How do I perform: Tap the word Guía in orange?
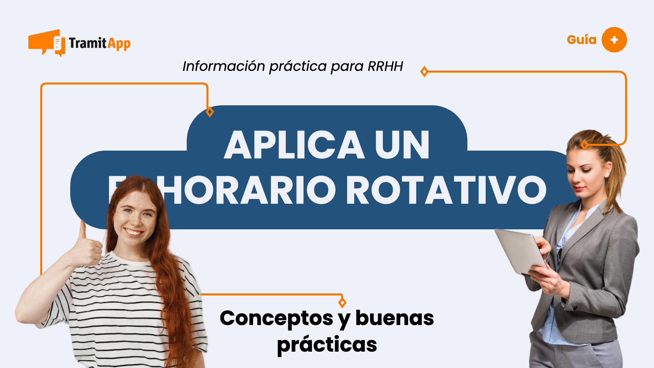(581, 40)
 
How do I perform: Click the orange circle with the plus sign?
(614, 40)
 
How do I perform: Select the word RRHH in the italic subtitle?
(385, 66)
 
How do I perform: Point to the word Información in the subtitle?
(223, 66)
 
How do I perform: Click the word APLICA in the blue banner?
(294, 145)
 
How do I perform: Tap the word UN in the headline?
(402, 145)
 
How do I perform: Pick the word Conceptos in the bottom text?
(276, 318)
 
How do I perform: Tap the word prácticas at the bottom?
(327, 345)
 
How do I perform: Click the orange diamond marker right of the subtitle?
(424, 72)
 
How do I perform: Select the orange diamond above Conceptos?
(342, 302)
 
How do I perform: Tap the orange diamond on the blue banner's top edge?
(210, 112)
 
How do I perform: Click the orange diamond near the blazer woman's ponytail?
(585, 145)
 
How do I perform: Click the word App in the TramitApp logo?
(119, 44)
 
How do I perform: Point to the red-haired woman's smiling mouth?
(133, 233)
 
